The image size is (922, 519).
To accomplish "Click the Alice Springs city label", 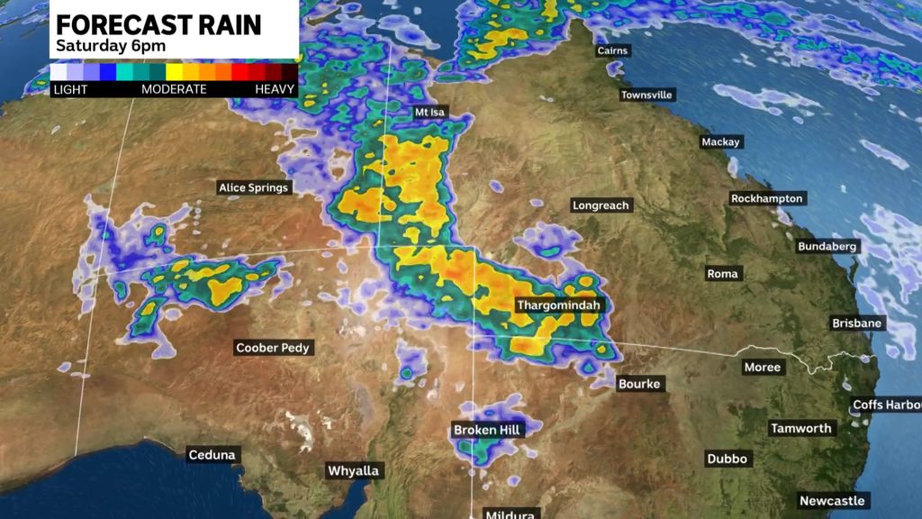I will coord(254,188).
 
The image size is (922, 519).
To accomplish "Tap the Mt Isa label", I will coord(429,113).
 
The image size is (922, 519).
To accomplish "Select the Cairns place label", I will coord(612,51).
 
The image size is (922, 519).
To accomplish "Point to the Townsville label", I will coord(646,96).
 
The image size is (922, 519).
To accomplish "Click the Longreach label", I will coord(601,205).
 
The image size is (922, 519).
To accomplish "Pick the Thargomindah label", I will coord(557,305).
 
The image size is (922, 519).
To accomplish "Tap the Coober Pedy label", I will coord(273,348).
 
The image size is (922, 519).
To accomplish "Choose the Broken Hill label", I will coord(486,431).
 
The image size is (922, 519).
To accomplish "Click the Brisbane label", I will coord(858,323).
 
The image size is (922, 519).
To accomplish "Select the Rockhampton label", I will coord(767,198).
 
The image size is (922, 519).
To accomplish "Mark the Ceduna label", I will coord(212,455).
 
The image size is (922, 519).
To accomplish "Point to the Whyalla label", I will coord(354,471).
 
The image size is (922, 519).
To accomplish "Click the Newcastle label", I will coord(832,501).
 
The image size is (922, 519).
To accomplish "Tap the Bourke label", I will coord(639,384).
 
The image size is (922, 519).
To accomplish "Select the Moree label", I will coord(763,368).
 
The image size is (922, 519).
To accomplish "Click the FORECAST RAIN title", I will coord(158,24).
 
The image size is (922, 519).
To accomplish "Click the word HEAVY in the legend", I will coord(276,90).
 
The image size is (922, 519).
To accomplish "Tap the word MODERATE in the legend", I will coord(174,90).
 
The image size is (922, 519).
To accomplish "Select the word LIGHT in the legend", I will coord(69,90).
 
